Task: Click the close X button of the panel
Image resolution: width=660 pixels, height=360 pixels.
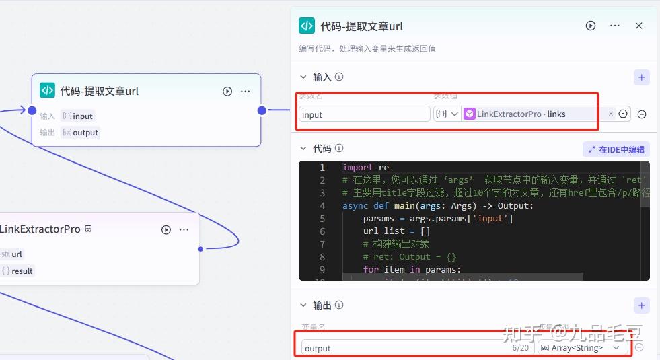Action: (x=639, y=26)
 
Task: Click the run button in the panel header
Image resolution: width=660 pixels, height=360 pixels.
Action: (x=591, y=26)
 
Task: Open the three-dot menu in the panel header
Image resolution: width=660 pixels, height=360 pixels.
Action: (x=614, y=26)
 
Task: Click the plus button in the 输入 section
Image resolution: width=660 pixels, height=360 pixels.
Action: (x=642, y=77)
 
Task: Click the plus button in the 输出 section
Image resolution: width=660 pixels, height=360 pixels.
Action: (x=642, y=305)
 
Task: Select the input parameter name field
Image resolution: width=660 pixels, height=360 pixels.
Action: (x=364, y=114)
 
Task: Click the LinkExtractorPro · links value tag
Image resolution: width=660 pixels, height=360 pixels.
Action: (x=521, y=114)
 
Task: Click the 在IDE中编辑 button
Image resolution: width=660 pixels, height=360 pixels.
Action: (x=616, y=150)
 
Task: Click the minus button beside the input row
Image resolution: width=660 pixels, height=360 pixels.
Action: (x=642, y=114)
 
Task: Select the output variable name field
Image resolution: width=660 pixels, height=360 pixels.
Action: (x=404, y=348)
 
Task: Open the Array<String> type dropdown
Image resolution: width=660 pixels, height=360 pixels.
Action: (x=583, y=348)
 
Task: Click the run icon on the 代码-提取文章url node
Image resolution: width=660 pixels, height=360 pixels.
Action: (x=227, y=91)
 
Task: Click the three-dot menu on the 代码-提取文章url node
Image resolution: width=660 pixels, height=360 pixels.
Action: (x=246, y=91)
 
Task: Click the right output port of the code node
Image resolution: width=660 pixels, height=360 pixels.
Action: (x=262, y=110)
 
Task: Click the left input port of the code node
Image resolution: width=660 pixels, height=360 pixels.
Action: (x=32, y=110)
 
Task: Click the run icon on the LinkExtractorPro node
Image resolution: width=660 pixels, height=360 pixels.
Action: (x=166, y=229)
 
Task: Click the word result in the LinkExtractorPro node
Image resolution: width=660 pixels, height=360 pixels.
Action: (x=22, y=271)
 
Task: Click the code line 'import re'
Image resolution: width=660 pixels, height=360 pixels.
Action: (x=365, y=168)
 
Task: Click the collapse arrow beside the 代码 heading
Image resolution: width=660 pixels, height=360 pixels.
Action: (x=303, y=149)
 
